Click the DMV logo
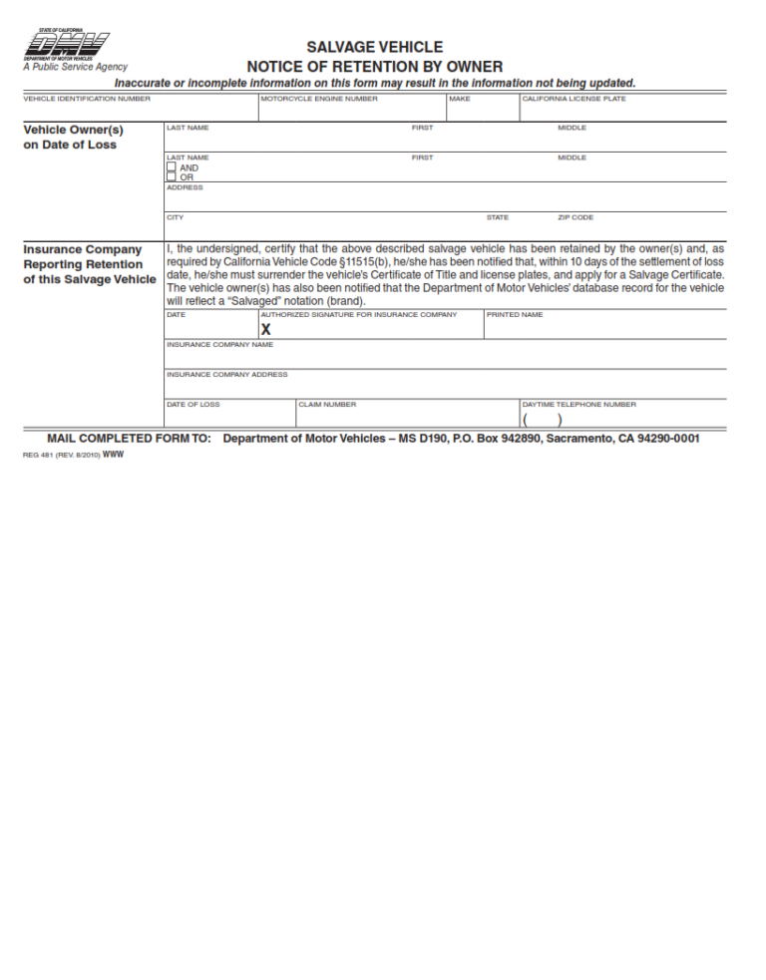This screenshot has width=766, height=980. click(x=66, y=46)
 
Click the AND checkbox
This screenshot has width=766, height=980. click(x=171, y=167)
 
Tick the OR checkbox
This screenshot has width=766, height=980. click(x=171, y=177)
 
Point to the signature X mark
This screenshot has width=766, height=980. click(x=265, y=330)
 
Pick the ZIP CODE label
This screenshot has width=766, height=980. click(x=575, y=217)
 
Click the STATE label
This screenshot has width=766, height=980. click(x=497, y=217)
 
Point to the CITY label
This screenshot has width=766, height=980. click(x=175, y=217)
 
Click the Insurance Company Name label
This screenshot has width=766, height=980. click(x=219, y=345)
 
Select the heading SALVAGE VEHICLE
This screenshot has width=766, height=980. click(x=374, y=47)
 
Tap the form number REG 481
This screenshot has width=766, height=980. click(x=40, y=455)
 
